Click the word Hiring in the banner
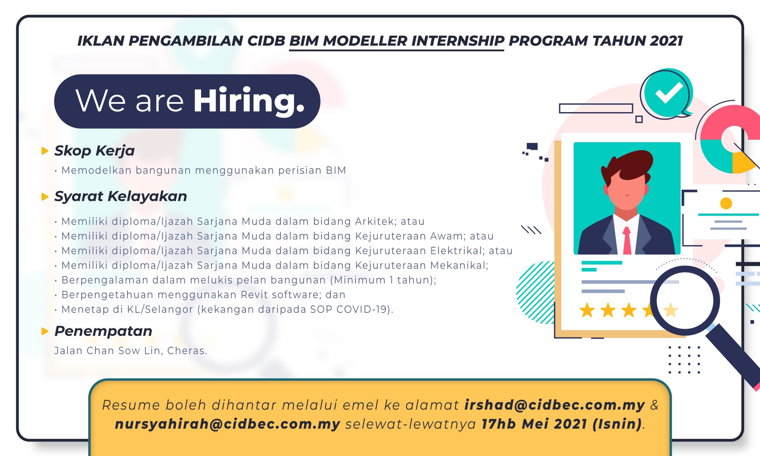(249, 101)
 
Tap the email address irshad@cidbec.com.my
(555, 405)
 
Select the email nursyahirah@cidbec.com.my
(228, 424)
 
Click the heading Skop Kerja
(95, 151)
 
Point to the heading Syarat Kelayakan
(121, 197)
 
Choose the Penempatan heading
(103, 331)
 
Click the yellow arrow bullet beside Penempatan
(45, 331)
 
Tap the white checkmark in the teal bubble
(669, 93)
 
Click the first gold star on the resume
(587, 310)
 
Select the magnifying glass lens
(685, 301)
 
